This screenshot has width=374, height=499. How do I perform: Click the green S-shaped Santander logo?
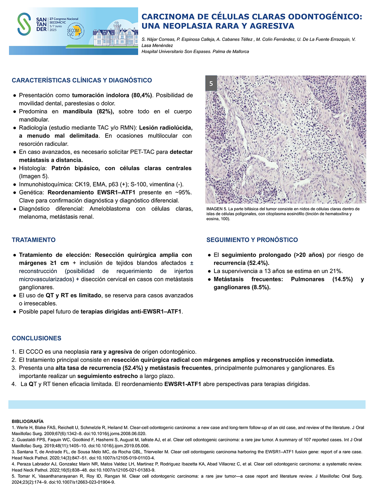click(24, 24)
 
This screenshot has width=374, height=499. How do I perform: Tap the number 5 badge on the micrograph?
click(211, 84)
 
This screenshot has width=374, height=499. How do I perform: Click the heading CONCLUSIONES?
click(36, 338)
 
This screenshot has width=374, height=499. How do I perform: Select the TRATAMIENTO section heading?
click(34, 240)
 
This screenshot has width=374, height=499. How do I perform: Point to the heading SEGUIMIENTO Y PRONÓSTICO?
click(252, 240)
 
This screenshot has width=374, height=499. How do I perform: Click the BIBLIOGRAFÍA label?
click(28, 421)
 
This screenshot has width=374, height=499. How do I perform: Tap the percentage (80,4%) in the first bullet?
click(142, 95)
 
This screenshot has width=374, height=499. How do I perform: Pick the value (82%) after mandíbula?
click(105, 112)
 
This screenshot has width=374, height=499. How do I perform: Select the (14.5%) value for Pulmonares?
click(342, 279)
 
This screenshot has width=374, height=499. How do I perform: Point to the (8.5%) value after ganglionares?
click(259, 287)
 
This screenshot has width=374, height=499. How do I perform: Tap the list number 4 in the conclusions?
click(14, 384)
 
